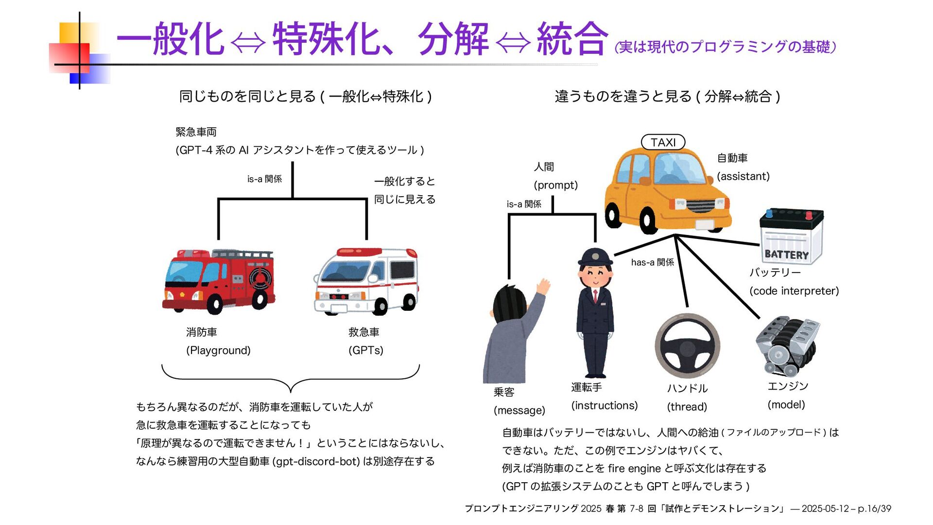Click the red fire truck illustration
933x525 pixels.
(x=219, y=281)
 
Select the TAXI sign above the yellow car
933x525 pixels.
(x=663, y=142)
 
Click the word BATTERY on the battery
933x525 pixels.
(x=786, y=254)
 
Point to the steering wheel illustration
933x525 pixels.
(x=687, y=346)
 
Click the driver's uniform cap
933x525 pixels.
(x=595, y=256)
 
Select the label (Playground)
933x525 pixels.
(x=218, y=350)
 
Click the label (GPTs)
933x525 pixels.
(x=366, y=350)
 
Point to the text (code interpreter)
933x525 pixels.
(x=794, y=291)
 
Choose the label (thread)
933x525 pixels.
(x=687, y=407)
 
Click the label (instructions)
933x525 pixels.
(x=604, y=406)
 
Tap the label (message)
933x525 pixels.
(x=519, y=410)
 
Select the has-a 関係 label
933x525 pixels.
(x=652, y=262)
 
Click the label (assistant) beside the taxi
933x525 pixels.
(x=743, y=176)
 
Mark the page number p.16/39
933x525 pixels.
(x=874, y=508)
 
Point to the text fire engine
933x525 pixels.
(x=634, y=468)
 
